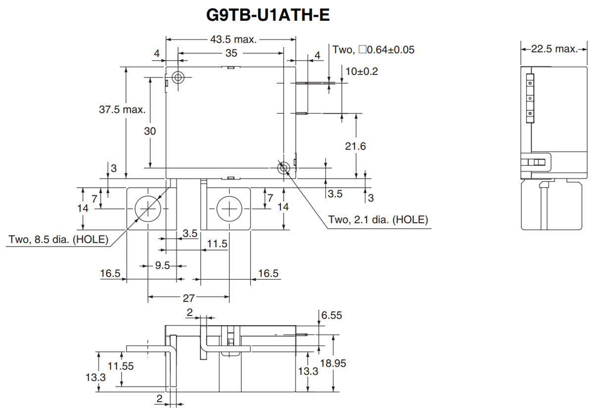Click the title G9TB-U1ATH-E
[267, 15]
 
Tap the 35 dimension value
[231, 52]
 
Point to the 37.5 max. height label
[122, 109]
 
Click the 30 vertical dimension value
[150, 131]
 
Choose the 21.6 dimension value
[355, 147]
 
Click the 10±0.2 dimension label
[361, 71]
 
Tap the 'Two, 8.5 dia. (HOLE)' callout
[58, 240]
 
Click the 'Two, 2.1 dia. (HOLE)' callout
[378, 219]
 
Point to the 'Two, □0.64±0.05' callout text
[373, 50]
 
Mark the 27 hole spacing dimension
[189, 298]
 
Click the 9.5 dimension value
[162, 266]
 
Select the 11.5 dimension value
[217, 244]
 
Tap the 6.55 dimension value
[332, 315]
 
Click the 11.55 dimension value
[121, 366]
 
